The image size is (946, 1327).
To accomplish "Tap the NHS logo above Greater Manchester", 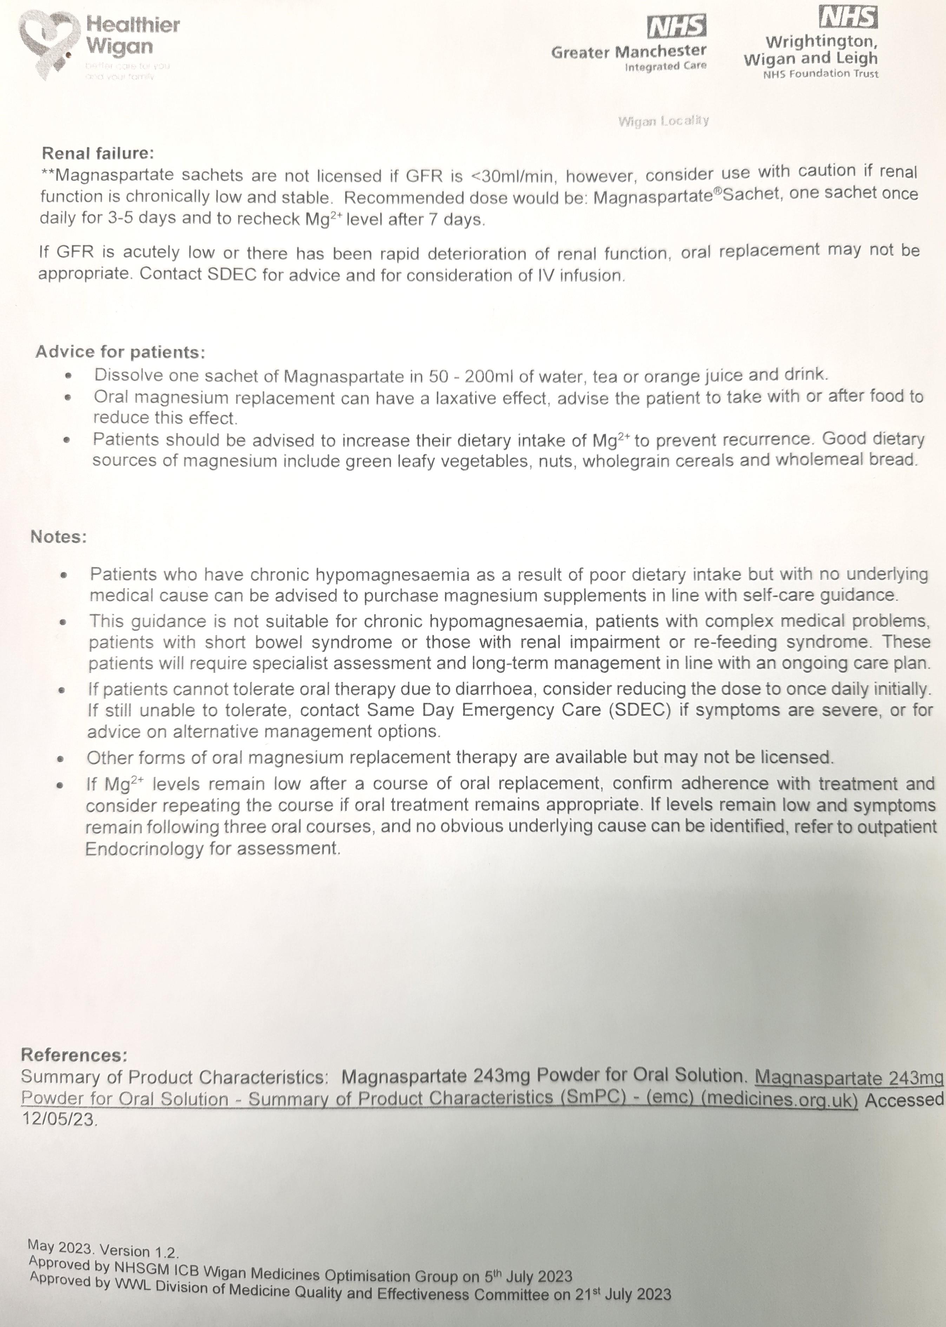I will point(677,27).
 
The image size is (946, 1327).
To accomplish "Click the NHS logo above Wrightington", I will point(848,18).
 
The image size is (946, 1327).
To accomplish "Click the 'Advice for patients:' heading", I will point(120,352).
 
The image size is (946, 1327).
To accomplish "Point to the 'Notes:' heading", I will point(58,537).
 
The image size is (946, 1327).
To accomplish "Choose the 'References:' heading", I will point(74,1055).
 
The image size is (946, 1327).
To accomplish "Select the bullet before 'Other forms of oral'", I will point(61,759).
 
